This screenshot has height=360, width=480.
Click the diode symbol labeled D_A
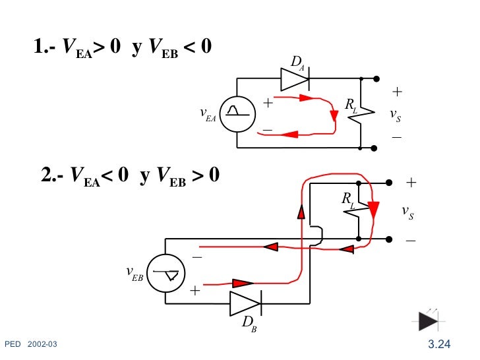pyautogui.click(x=295, y=79)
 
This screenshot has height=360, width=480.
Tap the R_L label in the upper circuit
pyautogui.click(x=351, y=105)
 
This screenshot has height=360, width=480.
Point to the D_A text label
pyautogui.click(x=298, y=63)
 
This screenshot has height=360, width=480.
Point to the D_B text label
pyautogui.click(x=249, y=323)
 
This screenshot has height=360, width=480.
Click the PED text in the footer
pyautogui.click(x=13, y=345)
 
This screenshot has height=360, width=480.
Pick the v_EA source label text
pyautogui.click(x=208, y=115)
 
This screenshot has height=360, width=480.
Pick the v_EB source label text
pyautogui.click(x=134, y=273)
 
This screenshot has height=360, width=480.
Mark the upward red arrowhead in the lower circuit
pyautogui.click(x=301, y=212)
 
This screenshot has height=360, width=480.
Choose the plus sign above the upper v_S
pyautogui.click(x=397, y=92)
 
